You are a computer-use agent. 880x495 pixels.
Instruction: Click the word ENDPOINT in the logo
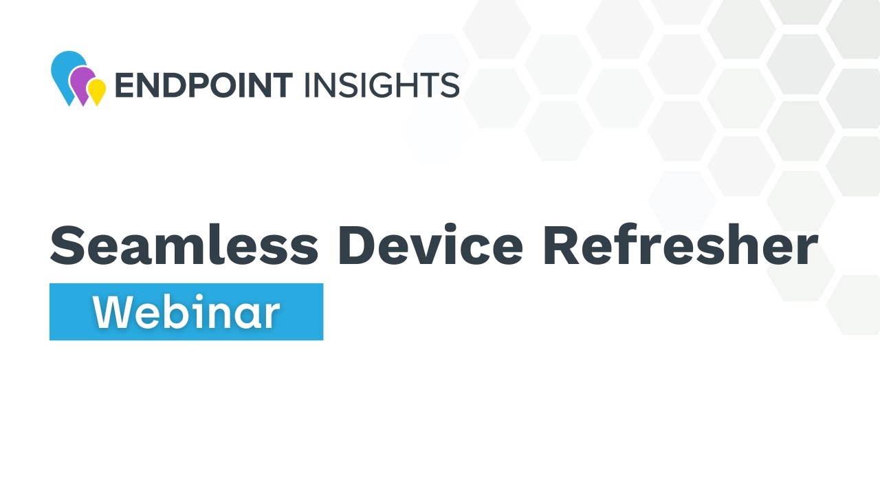point(203,85)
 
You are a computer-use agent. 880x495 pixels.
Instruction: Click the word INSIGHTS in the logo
point(381,85)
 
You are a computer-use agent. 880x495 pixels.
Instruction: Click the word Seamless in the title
point(184,245)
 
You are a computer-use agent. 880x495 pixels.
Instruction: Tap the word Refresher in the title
point(680,245)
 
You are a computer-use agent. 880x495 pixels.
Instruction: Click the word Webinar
point(186,313)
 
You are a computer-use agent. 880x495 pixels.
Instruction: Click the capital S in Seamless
point(69,246)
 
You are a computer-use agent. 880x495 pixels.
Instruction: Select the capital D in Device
point(357,246)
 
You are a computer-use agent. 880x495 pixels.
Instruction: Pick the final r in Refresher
point(806,251)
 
